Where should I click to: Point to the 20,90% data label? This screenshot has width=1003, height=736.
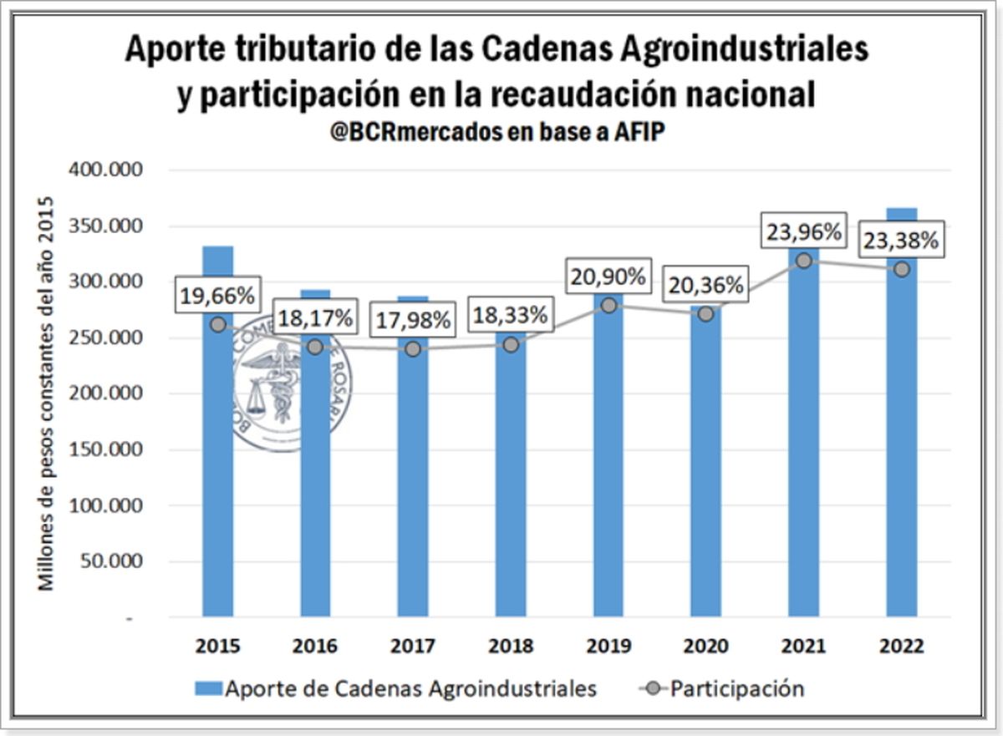tap(608, 277)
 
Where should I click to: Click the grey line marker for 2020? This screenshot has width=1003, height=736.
tap(705, 314)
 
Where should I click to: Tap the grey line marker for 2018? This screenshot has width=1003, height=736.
tap(512, 344)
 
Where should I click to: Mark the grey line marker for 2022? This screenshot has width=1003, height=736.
tap(902, 269)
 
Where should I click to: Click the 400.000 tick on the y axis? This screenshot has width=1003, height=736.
tap(110, 170)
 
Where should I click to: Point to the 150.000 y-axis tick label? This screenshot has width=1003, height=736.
tap(110, 449)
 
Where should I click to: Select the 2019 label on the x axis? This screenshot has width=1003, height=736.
tap(608, 647)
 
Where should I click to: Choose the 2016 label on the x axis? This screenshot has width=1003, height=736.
tap(315, 647)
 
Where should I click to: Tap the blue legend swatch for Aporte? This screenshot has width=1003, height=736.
tap(209, 689)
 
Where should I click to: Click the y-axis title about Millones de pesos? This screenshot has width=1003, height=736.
tap(48, 393)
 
